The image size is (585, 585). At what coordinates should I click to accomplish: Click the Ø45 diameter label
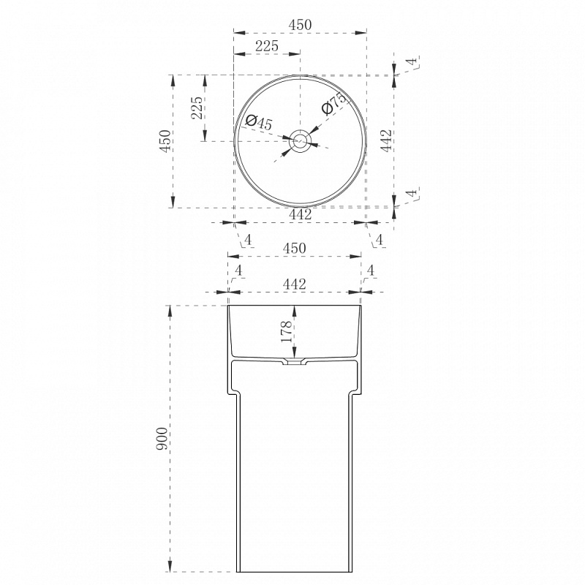pos(260,121)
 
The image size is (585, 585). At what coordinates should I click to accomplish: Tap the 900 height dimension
pos(162,439)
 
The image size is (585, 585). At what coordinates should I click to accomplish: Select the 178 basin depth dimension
pos(287,331)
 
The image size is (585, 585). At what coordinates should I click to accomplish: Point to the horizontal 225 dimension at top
pos(267,46)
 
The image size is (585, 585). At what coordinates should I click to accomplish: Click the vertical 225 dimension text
pos(197,107)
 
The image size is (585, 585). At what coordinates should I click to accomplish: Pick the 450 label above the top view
pos(300,25)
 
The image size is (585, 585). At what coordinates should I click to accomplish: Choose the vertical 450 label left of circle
pos(165,141)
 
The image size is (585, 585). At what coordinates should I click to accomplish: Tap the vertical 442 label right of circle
pos(387,140)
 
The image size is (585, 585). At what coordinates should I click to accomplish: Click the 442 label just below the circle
pos(301,214)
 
